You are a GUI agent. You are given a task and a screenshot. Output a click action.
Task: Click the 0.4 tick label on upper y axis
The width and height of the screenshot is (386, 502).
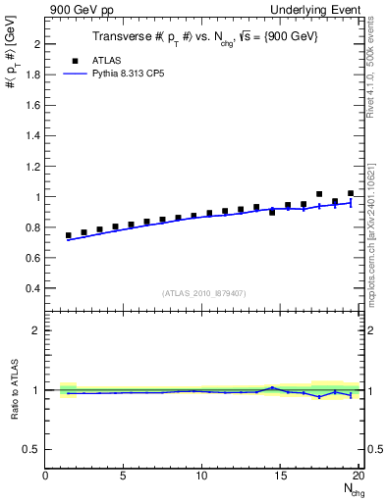click(33, 288)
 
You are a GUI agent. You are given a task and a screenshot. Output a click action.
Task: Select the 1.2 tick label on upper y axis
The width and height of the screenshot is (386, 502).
click(33, 167)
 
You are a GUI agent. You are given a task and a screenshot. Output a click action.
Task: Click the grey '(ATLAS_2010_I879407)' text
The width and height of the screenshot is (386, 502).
click(203, 292)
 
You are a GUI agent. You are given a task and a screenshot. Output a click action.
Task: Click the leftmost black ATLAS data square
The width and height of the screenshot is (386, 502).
click(69, 235)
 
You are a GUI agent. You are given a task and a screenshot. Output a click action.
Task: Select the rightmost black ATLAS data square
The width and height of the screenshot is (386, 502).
click(351, 194)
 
